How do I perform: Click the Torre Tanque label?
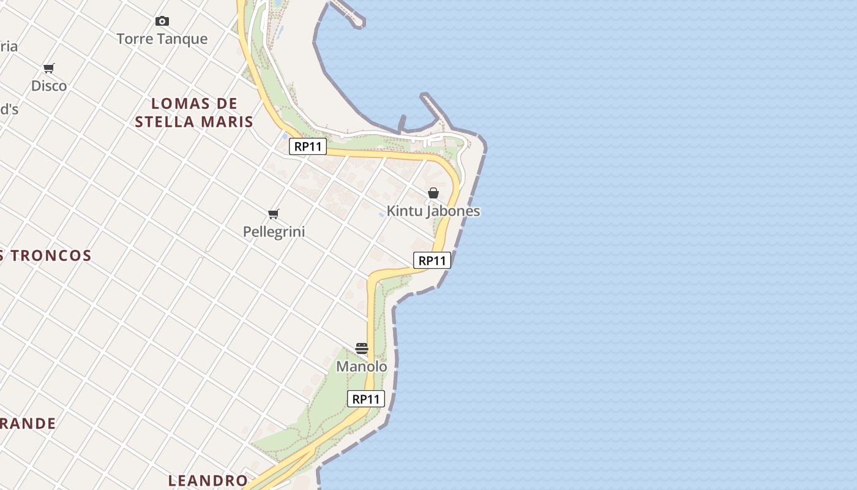(162, 39)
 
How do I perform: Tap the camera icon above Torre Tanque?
(162, 21)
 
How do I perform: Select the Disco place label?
(49, 86)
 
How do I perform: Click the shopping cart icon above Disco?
(49, 68)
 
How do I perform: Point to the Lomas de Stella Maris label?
(194, 113)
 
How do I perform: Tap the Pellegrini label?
(274, 232)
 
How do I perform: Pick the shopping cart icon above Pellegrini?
(274, 214)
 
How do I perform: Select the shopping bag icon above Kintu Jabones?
(433, 193)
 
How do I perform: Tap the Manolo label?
(362, 367)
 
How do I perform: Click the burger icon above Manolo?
(362, 349)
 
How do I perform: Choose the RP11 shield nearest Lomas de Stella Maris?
(308, 147)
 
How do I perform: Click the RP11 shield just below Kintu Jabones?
(432, 261)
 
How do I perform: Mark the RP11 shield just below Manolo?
(366, 399)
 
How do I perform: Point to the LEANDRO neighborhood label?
(208, 481)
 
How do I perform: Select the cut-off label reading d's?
(9, 110)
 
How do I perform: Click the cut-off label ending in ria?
(9, 47)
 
